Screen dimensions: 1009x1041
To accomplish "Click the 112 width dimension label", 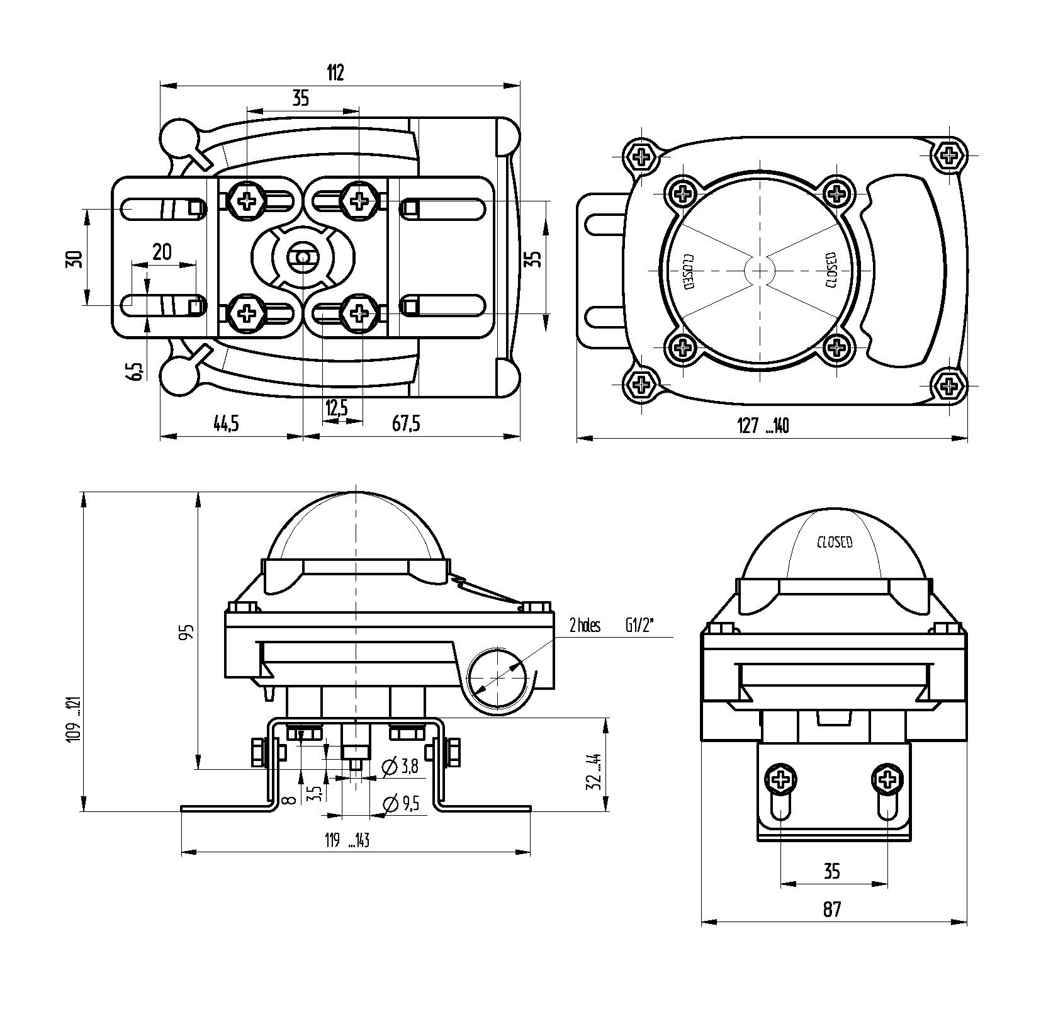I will (x=335, y=73).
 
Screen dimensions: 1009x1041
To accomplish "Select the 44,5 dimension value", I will (x=227, y=424).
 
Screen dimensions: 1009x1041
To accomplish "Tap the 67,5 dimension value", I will (x=406, y=424).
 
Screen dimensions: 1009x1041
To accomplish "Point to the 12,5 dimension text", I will (x=337, y=408).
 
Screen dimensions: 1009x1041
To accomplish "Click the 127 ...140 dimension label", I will (x=763, y=426).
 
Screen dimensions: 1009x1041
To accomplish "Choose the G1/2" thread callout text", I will (x=640, y=626).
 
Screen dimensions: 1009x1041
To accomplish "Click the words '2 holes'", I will (x=585, y=626).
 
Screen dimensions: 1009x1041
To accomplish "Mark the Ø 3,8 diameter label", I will (x=400, y=766).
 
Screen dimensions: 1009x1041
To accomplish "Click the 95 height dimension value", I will (x=186, y=632).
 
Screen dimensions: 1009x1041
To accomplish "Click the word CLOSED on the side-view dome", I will (x=835, y=541).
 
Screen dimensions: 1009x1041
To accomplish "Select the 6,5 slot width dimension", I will (x=135, y=371).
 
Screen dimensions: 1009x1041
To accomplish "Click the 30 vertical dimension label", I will (x=74, y=259).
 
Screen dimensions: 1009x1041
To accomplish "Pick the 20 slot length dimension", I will (x=162, y=252).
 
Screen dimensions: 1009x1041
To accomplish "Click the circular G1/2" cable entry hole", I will (x=497, y=679).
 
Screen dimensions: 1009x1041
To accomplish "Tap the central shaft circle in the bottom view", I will (x=303, y=258).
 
